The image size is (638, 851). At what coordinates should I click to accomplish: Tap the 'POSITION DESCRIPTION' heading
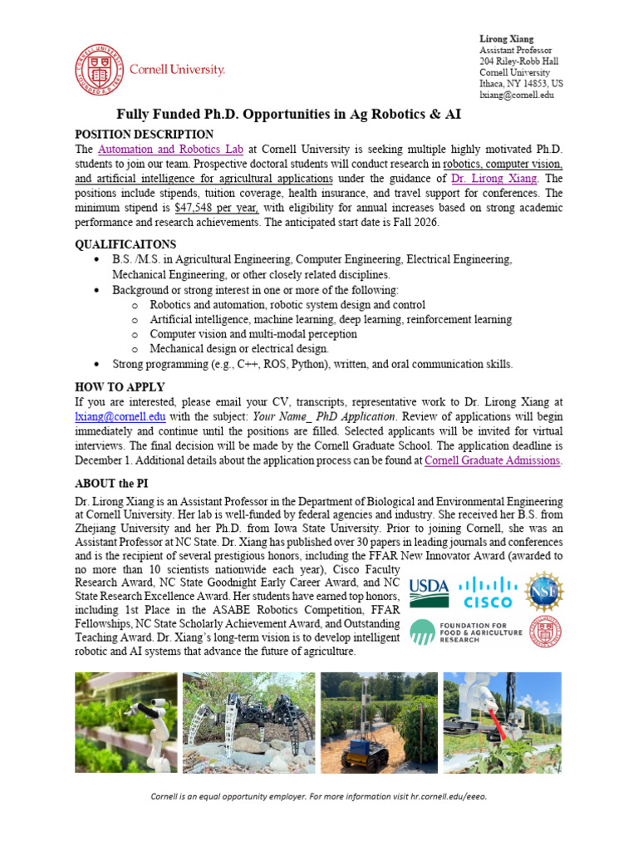pyautogui.click(x=144, y=135)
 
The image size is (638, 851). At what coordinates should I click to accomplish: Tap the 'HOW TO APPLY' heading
pyautogui.click(x=120, y=386)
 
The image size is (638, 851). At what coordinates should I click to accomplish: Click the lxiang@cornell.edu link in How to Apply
pyautogui.click(x=120, y=416)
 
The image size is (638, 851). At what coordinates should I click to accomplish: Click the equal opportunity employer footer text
pyautogui.click(x=318, y=796)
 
